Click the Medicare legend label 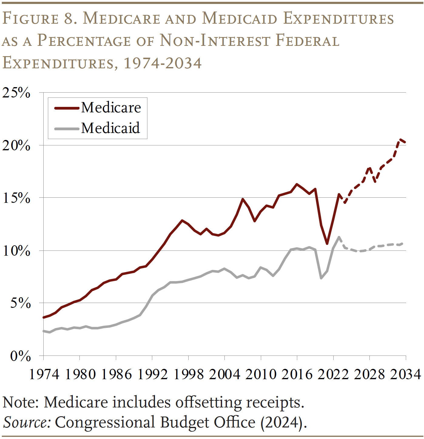[x=111, y=108]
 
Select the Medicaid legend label [x=110, y=128]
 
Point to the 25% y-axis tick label [x=16, y=93]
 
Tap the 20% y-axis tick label [x=16, y=146]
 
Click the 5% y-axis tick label [x=20, y=303]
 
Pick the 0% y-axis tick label [x=20, y=356]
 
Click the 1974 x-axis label [x=44, y=374]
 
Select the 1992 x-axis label [x=153, y=374]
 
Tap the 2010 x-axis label [x=261, y=374]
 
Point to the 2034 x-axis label [x=405, y=374]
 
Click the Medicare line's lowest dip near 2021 [x=327, y=243]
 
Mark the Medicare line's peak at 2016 [x=297, y=184]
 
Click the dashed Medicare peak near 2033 [x=400, y=139]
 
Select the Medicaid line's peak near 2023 [x=339, y=237]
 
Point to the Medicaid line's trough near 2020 [x=321, y=278]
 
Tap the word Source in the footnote [x=27, y=422]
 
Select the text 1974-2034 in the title [x=163, y=63]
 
